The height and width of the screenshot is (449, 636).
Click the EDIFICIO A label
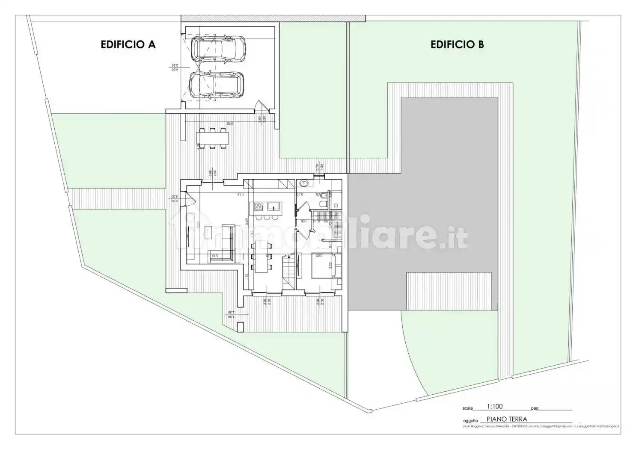(x=128, y=44)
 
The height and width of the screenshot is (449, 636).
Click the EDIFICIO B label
(x=457, y=44)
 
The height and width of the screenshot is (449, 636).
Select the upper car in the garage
(x=218, y=48)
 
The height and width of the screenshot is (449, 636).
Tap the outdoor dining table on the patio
(x=213, y=138)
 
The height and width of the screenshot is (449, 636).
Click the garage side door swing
(x=260, y=105)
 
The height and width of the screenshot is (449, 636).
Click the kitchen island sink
(x=273, y=207)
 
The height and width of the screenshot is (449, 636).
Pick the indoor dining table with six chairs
(x=261, y=256)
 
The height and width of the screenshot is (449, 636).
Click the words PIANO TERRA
(x=507, y=419)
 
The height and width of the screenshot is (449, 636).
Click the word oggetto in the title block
(x=470, y=420)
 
